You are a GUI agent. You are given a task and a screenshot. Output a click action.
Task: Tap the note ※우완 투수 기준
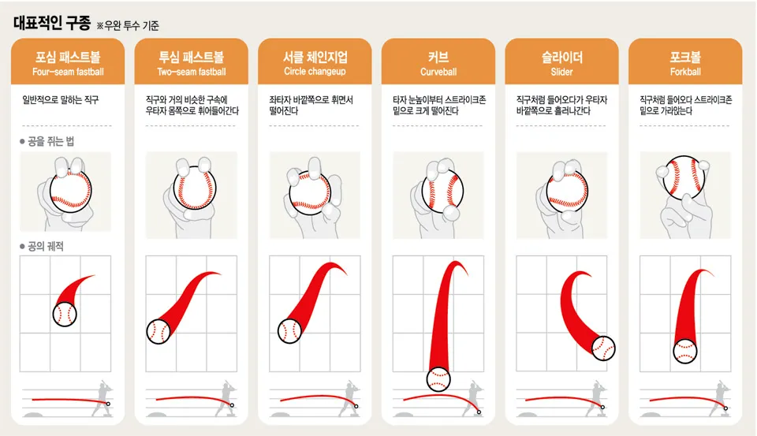pos(128,25)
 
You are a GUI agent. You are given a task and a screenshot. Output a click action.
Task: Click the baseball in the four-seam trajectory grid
pos(65,315)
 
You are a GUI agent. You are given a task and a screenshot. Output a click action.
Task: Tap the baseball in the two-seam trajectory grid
pos(158,331)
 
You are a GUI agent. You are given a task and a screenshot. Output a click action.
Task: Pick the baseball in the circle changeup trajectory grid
pos(290,331)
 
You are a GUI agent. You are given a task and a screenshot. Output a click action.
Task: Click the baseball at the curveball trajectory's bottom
pos(438,379)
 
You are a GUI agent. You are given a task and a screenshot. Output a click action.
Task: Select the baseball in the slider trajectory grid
pos(602,347)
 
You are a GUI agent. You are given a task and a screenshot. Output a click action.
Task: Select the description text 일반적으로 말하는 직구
pos(60,101)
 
